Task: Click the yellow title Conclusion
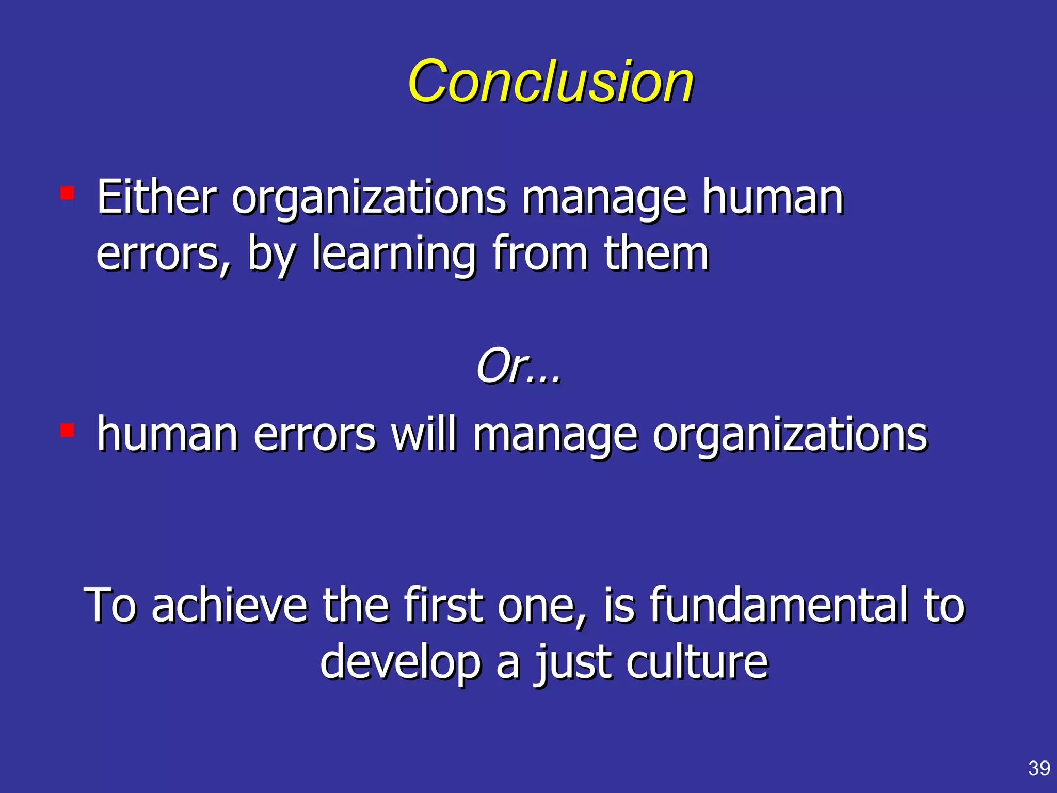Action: [x=550, y=82]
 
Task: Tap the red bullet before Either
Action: [x=67, y=194]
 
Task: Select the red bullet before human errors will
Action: [x=67, y=430]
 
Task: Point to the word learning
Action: [x=394, y=254]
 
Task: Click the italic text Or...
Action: [x=518, y=366]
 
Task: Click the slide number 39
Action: [x=1038, y=768]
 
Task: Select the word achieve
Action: [x=229, y=605]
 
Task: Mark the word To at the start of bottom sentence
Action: [x=110, y=605]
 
